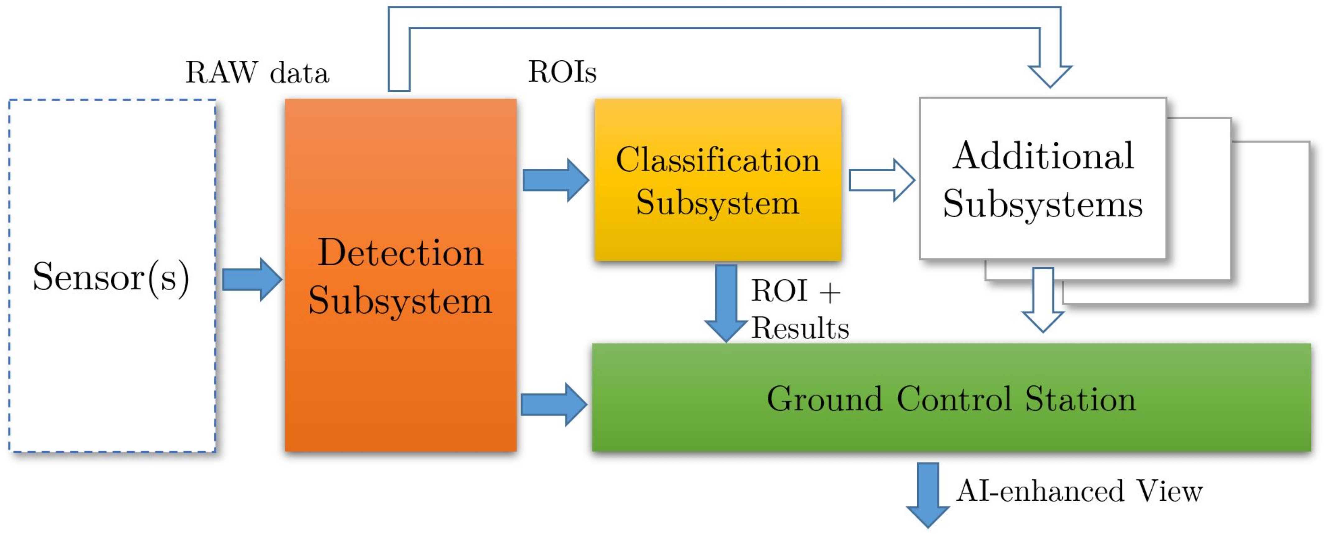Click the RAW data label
pos(257,73)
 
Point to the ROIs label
pos(562,72)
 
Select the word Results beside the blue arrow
pos(800,328)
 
